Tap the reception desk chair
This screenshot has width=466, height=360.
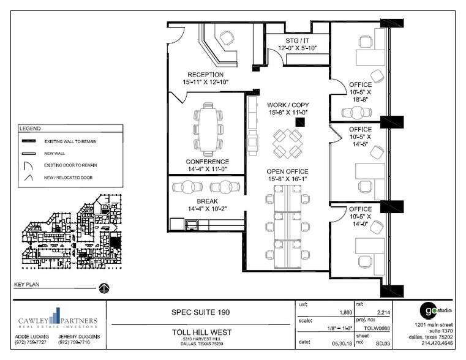coord(227,39)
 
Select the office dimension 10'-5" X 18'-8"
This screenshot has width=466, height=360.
coord(361,95)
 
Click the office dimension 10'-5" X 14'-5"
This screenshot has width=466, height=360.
coord(361,141)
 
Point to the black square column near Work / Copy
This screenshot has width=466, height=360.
coord(299,122)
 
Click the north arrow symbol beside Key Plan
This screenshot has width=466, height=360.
coord(104,288)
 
